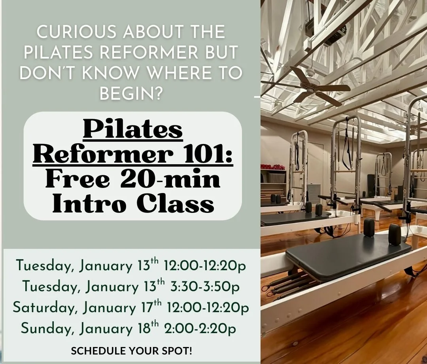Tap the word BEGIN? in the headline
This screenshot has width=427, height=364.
[x=130, y=94]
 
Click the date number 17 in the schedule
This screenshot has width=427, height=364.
[x=145, y=308]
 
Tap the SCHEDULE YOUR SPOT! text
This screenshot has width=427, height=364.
[x=132, y=351]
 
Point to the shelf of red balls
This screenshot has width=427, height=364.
[x=273, y=167]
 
